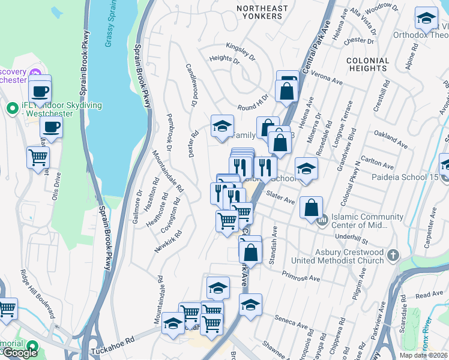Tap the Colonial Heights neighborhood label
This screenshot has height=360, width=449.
pyautogui.click(x=368, y=65)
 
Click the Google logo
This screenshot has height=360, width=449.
pyautogui.click(x=20, y=353)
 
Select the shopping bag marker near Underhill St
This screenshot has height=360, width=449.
pyautogui.click(x=311, y=209)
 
